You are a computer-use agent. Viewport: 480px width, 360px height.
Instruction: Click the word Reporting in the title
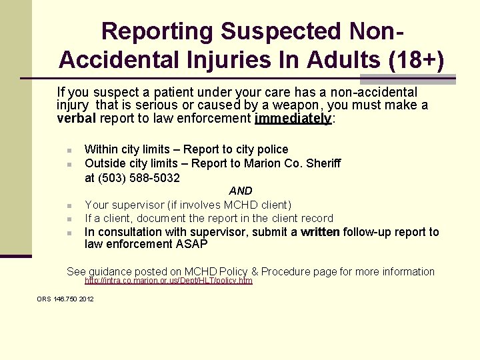[x=157, y=31]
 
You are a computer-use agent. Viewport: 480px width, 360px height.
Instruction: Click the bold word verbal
[x=77, y=119]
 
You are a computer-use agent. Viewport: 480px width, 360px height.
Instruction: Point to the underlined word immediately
[x=292, y=119]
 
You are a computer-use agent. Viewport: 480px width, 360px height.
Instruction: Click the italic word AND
[x=241, y=191]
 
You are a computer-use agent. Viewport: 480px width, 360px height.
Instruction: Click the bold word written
[x=320, y=232]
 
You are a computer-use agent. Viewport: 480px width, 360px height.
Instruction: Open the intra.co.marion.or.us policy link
[x=169, y=281]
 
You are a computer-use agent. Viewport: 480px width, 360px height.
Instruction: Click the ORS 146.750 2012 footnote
[x=65, y=299]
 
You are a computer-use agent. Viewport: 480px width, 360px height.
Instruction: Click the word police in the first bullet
[x=273, y=149]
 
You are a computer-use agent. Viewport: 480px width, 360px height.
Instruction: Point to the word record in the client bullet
[x=317, y=218]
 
